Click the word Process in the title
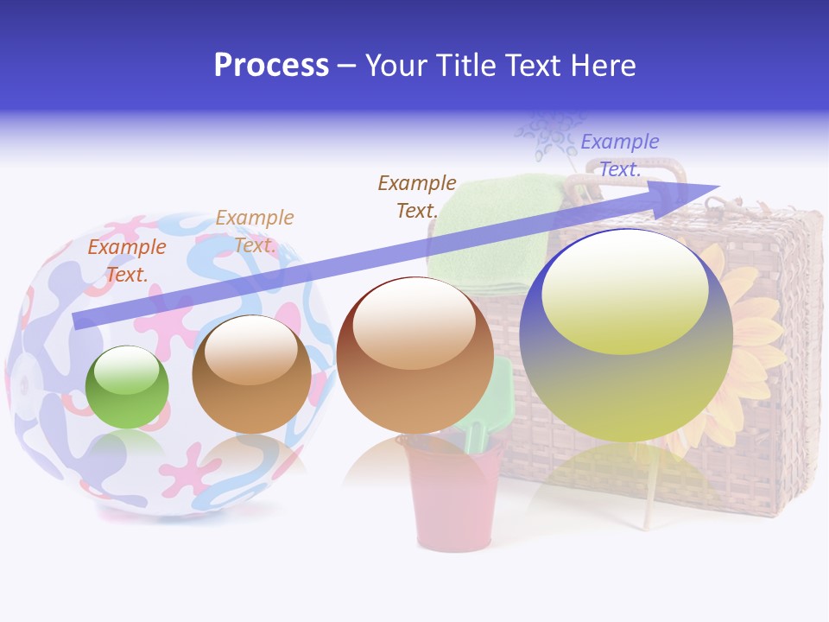click(x=271, y=66)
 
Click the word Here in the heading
click(x=602, y=66)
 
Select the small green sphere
click(x=127, y=387)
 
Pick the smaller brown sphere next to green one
click(x=251, y=374)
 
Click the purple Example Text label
click(x=620, y=155)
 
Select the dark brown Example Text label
click(x=417, y=196)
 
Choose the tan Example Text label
click(x=255, y=231)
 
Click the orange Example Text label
click(x=127, y=260)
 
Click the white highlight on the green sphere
click(x=126, y=371)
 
